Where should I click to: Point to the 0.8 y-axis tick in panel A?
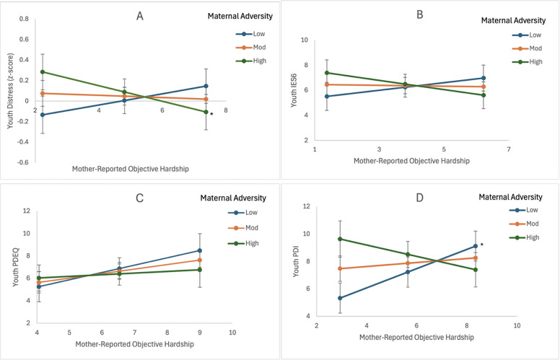[x=25, y=19]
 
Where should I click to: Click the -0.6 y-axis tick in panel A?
[x=23, y=162]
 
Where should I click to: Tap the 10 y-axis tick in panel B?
[x=305, y=40]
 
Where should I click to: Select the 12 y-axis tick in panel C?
[x=26, y=211]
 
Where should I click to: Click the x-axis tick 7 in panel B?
[x=508, y=150]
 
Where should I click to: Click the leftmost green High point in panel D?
[x=340, y=239]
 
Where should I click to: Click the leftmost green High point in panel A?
[x=43, y=72]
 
